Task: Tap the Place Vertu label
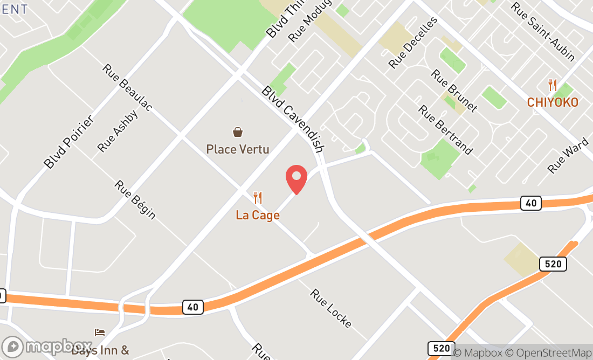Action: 237,149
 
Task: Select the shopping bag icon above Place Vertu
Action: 237,131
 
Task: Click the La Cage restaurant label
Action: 258,215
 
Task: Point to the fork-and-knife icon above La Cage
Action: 258,198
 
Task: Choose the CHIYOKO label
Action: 553,102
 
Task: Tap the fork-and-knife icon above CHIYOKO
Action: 553,85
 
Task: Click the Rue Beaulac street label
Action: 127,88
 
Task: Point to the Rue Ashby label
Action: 118,131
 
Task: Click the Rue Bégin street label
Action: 135,199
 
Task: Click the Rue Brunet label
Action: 454,90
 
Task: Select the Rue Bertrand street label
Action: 445,129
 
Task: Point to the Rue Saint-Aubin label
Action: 543,31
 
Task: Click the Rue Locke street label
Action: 331,308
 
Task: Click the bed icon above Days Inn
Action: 100,332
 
